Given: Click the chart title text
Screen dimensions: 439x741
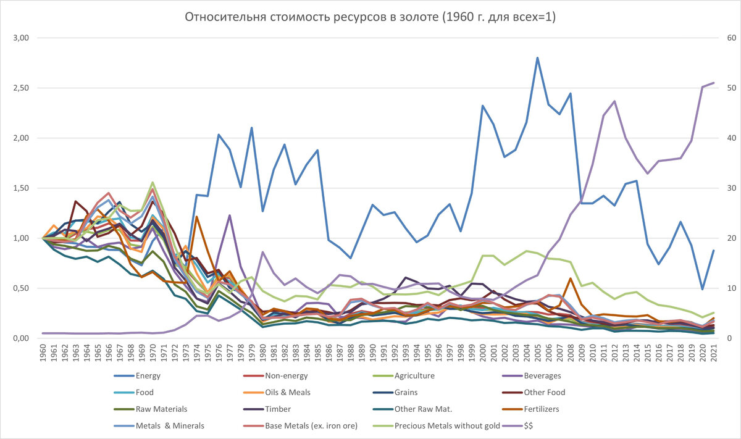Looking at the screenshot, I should tap(371, 17).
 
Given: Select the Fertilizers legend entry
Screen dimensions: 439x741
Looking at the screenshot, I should tap(543, 409).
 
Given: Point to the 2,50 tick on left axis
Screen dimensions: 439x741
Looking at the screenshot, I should tap(21, 88).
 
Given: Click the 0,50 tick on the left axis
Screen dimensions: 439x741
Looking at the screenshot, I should tap(21, 288).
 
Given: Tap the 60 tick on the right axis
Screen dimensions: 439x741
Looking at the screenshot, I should tap(723, 38).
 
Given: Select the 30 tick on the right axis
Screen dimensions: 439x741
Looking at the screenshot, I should tap(723, 188).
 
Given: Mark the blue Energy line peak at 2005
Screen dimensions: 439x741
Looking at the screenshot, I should tap(538, 58).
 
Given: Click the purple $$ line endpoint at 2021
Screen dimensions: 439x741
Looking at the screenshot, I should tap(714, 83).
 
